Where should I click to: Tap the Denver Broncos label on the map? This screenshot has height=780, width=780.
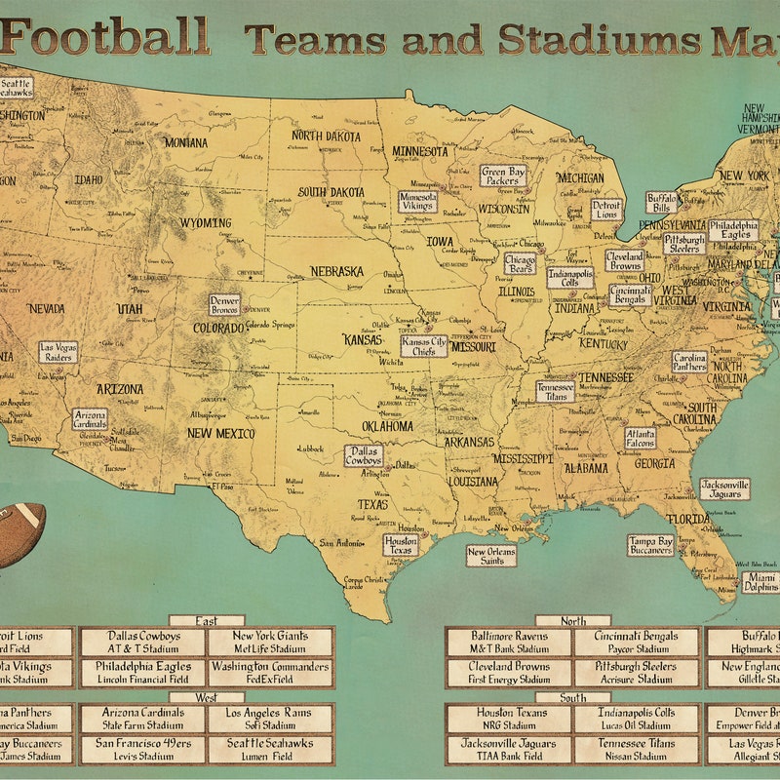224,304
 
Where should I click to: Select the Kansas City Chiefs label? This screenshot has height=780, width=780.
424,345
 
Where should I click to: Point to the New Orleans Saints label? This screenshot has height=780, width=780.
490,556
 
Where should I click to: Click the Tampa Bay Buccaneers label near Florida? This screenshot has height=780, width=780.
650,545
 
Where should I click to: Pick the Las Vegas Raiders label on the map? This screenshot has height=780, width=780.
58,352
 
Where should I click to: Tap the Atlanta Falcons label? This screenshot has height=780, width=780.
640,438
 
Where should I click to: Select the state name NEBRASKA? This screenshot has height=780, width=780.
336,271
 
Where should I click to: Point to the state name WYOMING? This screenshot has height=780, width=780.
205,222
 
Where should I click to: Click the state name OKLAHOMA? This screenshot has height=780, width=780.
387,426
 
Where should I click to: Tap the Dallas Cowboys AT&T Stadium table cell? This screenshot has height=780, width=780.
143,642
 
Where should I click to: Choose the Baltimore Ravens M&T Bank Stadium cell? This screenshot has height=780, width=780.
510,642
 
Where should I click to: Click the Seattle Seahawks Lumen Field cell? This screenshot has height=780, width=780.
270,749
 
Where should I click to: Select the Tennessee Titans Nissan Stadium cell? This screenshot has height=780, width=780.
636,749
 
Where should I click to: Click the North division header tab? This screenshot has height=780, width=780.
574,620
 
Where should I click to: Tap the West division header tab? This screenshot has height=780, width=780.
206,697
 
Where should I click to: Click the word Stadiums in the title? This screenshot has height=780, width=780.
599,39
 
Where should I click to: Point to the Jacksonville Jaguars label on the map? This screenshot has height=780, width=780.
724,488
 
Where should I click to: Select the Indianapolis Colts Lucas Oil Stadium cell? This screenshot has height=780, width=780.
636,719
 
